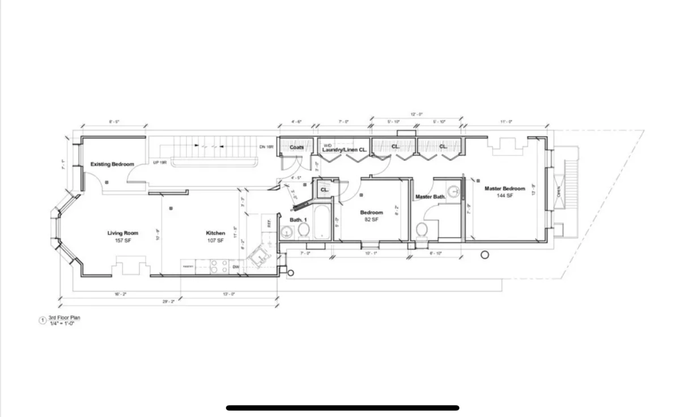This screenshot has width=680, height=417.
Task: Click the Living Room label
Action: click(x=123, y=233)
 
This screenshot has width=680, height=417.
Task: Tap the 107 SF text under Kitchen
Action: click(x=215, y=241)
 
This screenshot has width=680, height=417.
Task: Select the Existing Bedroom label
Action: click(x=112, y=165)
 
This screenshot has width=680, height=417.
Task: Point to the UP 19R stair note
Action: click(x=159, y=163)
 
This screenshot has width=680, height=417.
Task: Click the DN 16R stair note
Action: click(x=266, y=147)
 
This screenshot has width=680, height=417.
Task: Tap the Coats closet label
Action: click(x=296, y=148)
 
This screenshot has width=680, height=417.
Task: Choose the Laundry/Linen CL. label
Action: click(x=345, y=150)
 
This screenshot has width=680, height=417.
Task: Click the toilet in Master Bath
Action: click(x=422, y=230)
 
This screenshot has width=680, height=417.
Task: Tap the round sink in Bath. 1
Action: click(x=287, y=232)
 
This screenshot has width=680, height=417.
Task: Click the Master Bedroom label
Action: click(x=504, y=188)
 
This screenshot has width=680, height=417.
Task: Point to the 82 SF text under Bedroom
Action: click(x=371, y=220)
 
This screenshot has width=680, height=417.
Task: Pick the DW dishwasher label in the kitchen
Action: click(x=236, y=267)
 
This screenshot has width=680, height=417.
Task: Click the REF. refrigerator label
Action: click(x=269, y=222)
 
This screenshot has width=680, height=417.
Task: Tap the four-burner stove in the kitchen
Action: click(x=219, y=266)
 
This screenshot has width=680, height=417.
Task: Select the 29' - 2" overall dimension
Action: click(x=168, y=302)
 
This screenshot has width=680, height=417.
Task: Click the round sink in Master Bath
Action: click(x=454, y=191)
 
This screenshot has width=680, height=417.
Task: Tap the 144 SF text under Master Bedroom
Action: click(x=504, y=196)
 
